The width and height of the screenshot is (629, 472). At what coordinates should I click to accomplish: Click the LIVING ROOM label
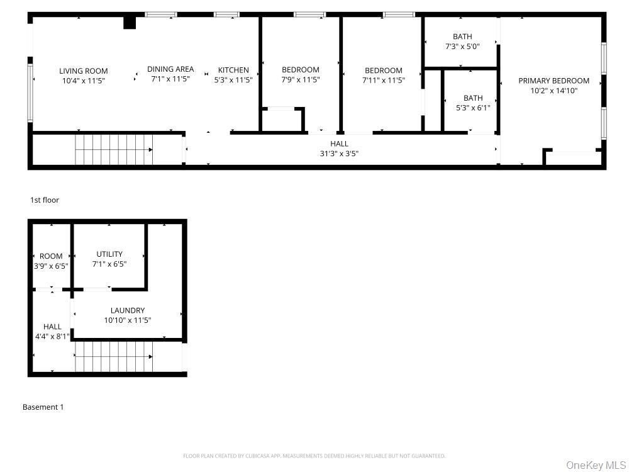point(84,71)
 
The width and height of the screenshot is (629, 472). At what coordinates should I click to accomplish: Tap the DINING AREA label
point(170,69)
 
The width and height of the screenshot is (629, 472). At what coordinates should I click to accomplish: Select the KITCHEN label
point(233,70)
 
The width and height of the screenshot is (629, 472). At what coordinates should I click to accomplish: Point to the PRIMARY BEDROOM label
point(554,81)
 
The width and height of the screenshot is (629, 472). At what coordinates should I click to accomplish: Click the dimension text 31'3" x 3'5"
point(340,154)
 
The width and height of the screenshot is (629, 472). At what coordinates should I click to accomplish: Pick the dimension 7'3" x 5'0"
point(462,46)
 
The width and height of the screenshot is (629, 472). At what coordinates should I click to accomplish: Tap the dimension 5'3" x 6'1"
point(474,108)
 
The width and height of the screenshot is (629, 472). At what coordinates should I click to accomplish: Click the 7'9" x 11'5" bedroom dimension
point(301,79)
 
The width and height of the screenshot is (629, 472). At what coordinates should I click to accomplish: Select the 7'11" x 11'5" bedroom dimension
point(384,81)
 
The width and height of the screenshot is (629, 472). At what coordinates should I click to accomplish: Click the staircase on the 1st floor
point(114,150)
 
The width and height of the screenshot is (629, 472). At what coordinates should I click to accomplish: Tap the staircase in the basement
point(114,357)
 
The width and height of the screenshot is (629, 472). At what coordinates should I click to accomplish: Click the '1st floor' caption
point(45,200)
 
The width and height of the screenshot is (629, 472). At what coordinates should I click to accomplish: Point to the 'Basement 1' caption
point(43,407)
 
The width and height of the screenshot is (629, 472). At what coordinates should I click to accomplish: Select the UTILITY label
point(109,254)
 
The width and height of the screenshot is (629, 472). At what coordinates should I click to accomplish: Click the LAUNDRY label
point(128,310)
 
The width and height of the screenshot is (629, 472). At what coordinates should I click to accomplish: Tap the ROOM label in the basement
point(51,256)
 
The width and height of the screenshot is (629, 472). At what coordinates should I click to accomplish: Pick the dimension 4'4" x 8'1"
point(52,336)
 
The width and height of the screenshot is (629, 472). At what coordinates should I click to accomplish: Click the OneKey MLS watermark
point(595,465)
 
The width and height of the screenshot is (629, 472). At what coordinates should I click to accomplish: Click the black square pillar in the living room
point(129,23)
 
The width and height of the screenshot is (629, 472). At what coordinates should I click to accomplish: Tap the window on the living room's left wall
point(30,93)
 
